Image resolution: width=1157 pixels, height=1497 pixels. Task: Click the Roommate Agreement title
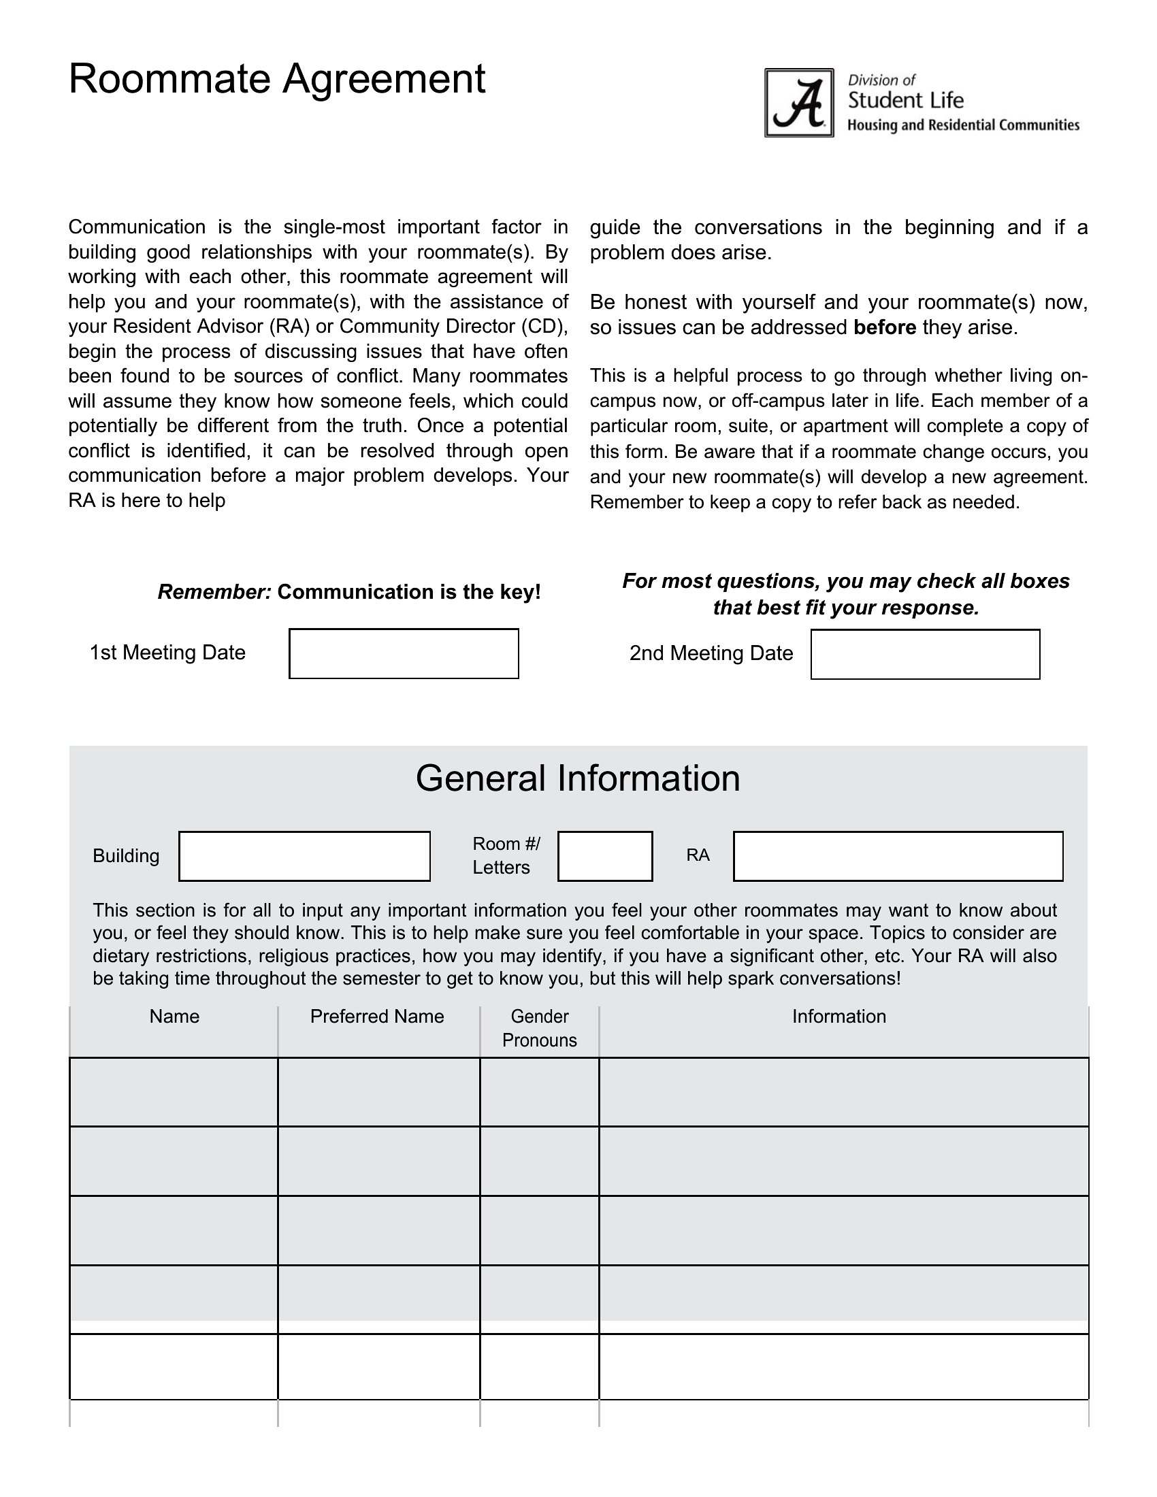coord(277,79)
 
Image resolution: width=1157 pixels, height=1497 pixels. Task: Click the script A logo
coord(799,103)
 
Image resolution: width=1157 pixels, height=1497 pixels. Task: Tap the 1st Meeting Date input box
coord(404,653)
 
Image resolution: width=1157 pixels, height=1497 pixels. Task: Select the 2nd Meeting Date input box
coord(925,654)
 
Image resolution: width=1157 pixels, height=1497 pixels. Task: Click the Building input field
coord(304,856)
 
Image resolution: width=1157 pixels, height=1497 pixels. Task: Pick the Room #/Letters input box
coord(604,856)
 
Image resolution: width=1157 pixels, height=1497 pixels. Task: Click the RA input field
coord(898,856)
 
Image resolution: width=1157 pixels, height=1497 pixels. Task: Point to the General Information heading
coord(578,778)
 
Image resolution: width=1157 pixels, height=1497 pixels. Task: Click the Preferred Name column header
coord(377,1017)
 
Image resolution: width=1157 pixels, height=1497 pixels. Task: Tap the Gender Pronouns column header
coord(540,1028)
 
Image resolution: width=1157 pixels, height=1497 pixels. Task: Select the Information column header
coord(839,1017)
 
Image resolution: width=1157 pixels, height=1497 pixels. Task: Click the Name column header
coord(174,1017)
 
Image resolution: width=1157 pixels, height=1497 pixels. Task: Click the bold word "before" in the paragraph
coord(884,328)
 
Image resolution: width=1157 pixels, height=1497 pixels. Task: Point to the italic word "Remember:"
coord(214,592)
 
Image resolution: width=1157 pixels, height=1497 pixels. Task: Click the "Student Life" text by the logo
coord(905,101)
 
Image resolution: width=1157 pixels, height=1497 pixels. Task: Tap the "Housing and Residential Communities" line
coord(963,125)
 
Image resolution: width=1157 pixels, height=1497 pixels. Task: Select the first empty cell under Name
coord(174,1092)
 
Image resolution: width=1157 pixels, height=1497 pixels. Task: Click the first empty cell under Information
coord(844,1092)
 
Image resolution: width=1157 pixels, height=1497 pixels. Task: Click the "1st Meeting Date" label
coord(167,653)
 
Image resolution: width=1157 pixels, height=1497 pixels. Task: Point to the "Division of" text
coord(881,80)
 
